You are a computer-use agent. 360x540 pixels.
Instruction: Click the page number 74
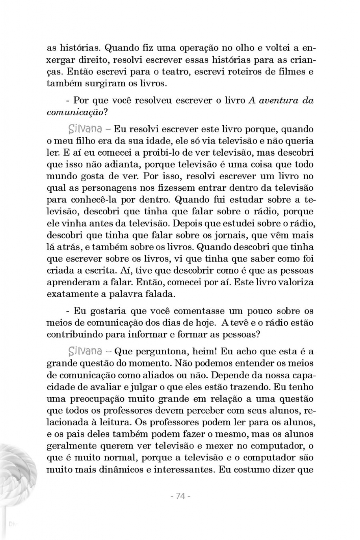click(x=181, y=496)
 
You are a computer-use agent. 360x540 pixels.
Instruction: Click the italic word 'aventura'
click(x=273, y=101)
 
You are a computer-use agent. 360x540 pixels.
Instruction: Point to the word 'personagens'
click(x=101, y=188)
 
